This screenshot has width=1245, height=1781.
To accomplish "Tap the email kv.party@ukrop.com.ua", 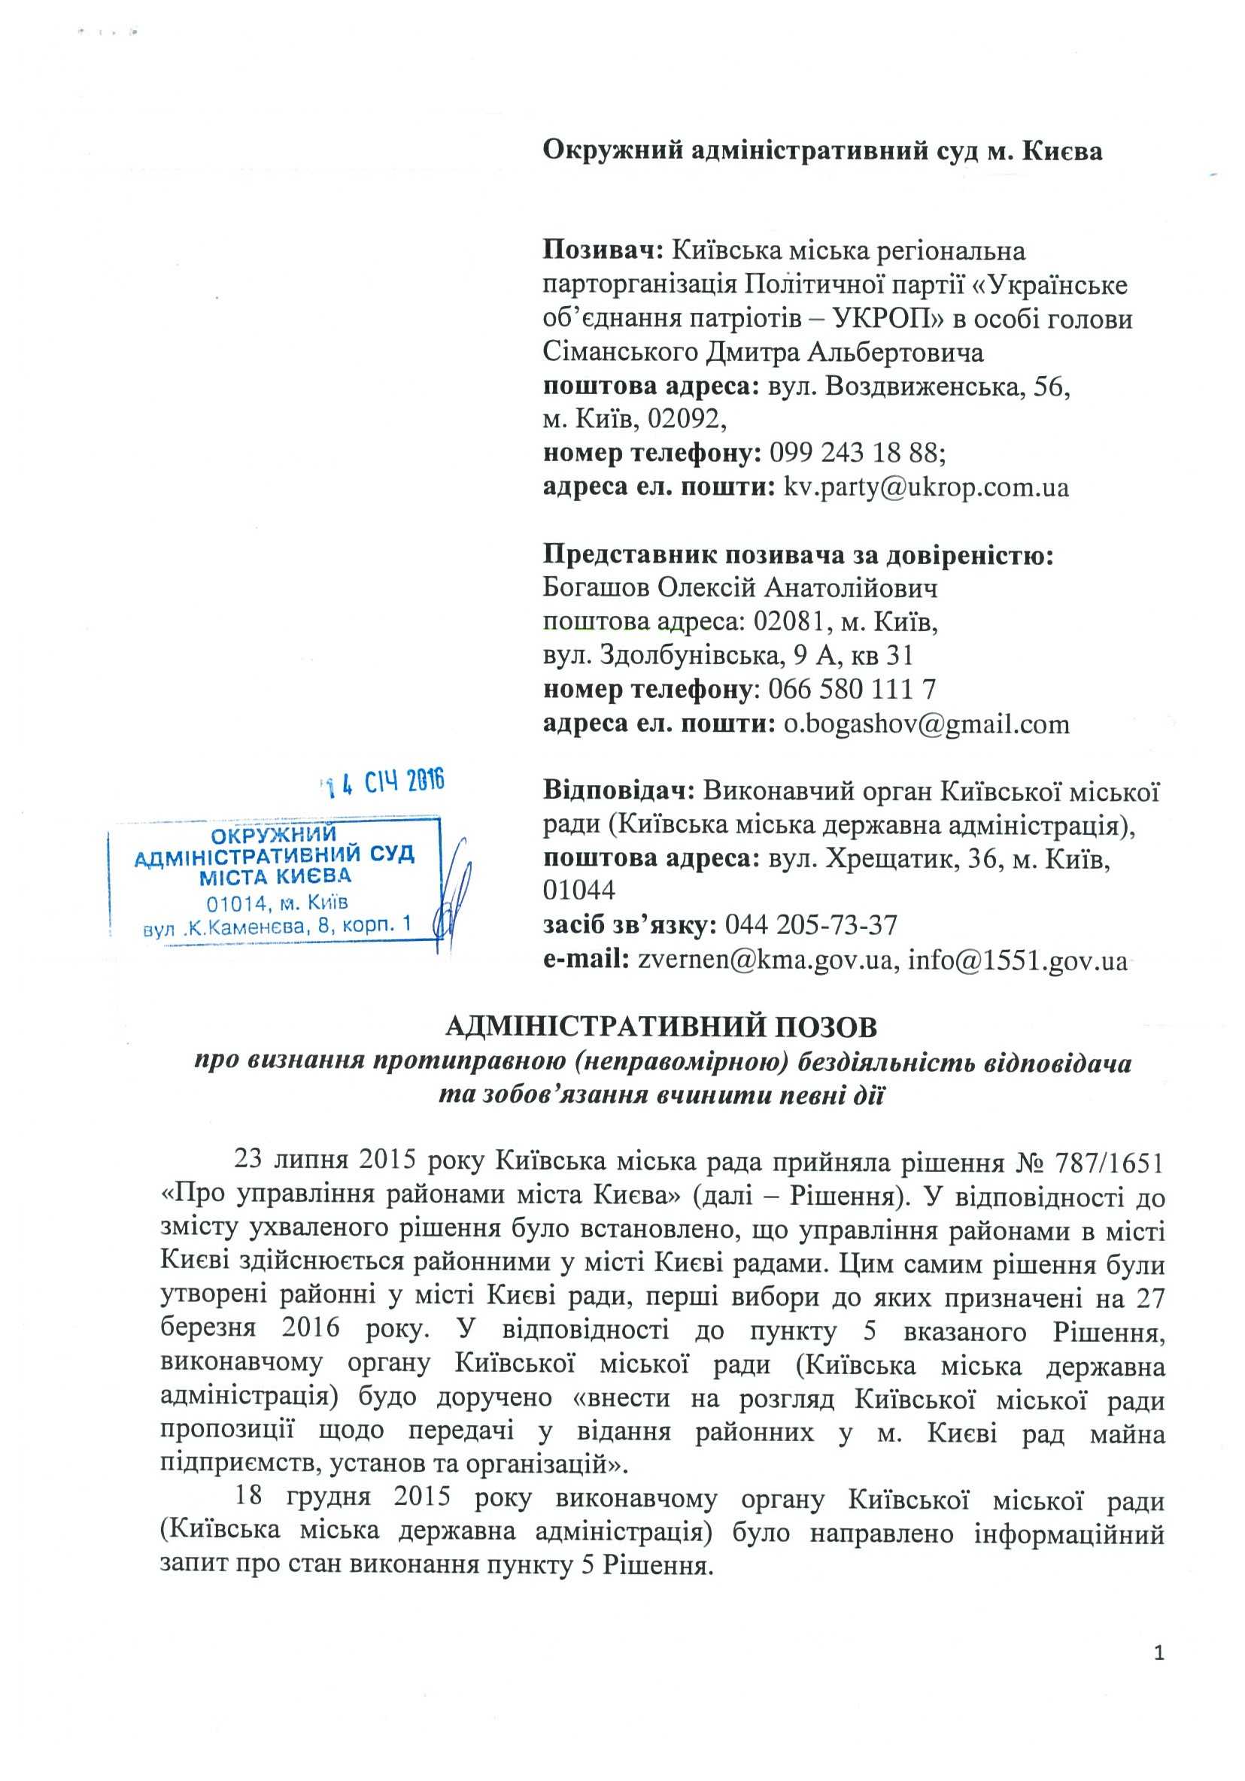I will (x=926, y=487).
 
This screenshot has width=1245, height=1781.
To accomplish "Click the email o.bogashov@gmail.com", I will (x=926, y=724).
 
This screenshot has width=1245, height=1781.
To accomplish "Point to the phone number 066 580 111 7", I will (x=852, y=690).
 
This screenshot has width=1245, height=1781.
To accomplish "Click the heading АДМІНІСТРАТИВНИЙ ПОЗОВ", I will (x=662, y=1028).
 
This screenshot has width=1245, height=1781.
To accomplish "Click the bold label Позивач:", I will (x=602, y=250).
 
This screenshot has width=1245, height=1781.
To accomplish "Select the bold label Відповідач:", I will (x=618, y=791).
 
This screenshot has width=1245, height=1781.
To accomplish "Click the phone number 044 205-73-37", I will (x=811, y=925).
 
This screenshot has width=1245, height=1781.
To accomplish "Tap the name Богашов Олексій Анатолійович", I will (x=740, y=589).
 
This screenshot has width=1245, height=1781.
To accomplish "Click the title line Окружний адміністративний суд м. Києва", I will (x=821, y=150).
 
